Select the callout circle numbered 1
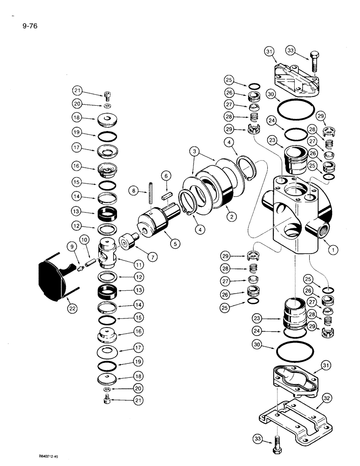tap(332, 249)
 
